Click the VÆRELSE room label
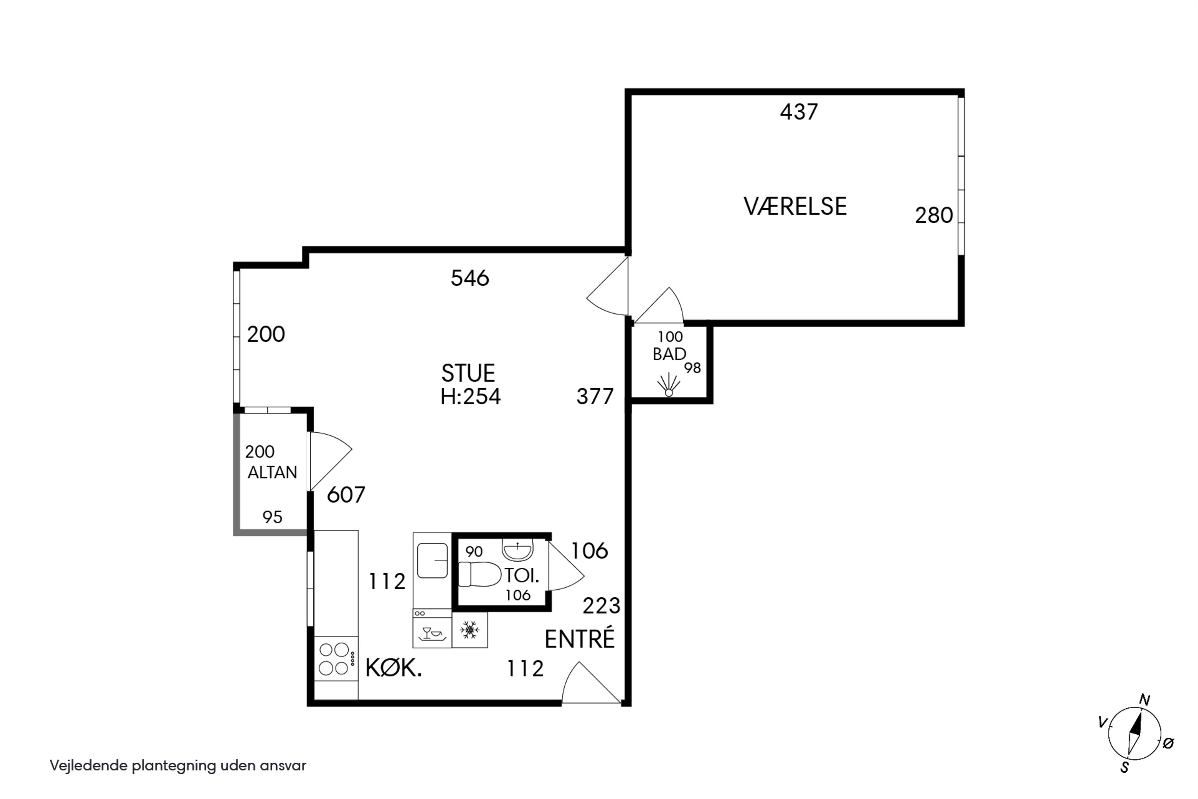tap(795, 207)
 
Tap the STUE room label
tap(468, 374)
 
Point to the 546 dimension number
tap(470, 278)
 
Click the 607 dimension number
tap(346, 495)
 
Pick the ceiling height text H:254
tap(471, 396)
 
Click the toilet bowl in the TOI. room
tap(480, 574)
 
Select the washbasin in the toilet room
tap(518, 549)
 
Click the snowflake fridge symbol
tap(469, 630)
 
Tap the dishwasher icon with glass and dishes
tap(432, 633)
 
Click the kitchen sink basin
tap(432, 560)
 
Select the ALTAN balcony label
tap(272, 472)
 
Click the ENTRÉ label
tap(580, 639)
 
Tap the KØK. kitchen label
tap(394, 668)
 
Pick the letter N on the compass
tap(1144, 700)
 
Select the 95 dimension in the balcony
tap(272, 517)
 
